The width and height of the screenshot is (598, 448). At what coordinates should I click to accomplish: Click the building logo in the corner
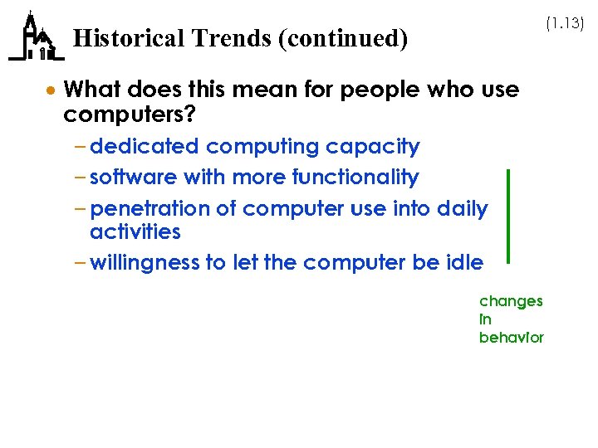(x=36, y=38)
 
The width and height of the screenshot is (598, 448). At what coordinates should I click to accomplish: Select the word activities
(x=135, y=231)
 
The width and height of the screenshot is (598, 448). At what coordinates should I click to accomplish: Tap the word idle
(x=464, y=263)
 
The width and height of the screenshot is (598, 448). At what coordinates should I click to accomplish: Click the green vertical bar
(x=507, y=216)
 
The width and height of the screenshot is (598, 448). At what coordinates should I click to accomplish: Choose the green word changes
(x=511, y=301)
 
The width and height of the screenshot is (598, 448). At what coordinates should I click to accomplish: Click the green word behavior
(x=511, y=338)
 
